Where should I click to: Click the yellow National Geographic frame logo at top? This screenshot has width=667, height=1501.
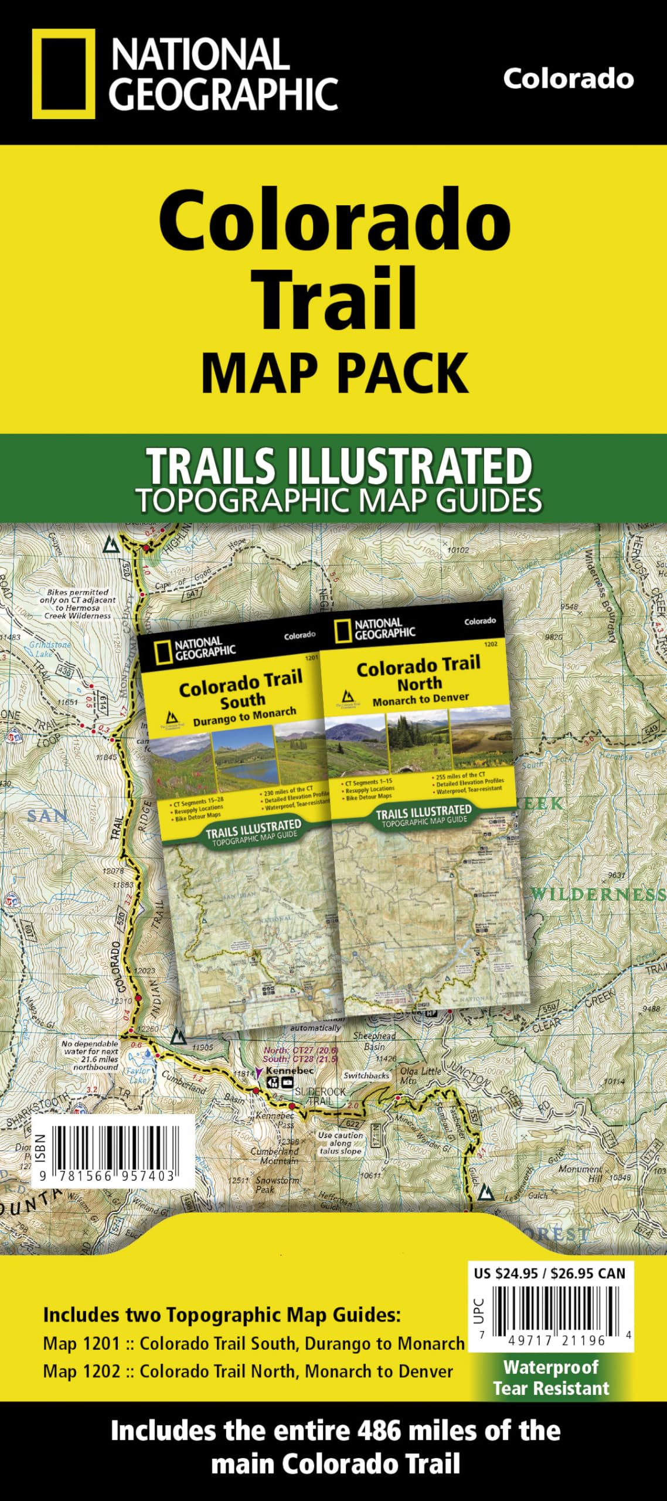click(x=63, y=74)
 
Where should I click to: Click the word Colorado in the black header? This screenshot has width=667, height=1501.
click(x=568, y=79)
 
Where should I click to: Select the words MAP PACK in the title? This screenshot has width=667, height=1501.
click(x=335, y=373)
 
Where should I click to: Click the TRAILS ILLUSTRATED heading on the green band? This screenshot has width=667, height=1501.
click(x=339, y=466)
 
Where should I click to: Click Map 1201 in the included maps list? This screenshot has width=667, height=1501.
click(x=81, y=1343)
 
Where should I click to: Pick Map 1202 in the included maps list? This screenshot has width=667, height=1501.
click(x=81, y=1371)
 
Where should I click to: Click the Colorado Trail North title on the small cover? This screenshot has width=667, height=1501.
click(x=418, y=673)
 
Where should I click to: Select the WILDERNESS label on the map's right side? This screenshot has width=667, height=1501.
click(x=598, y=895)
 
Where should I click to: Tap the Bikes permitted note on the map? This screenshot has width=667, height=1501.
click(x=77, y=604)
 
